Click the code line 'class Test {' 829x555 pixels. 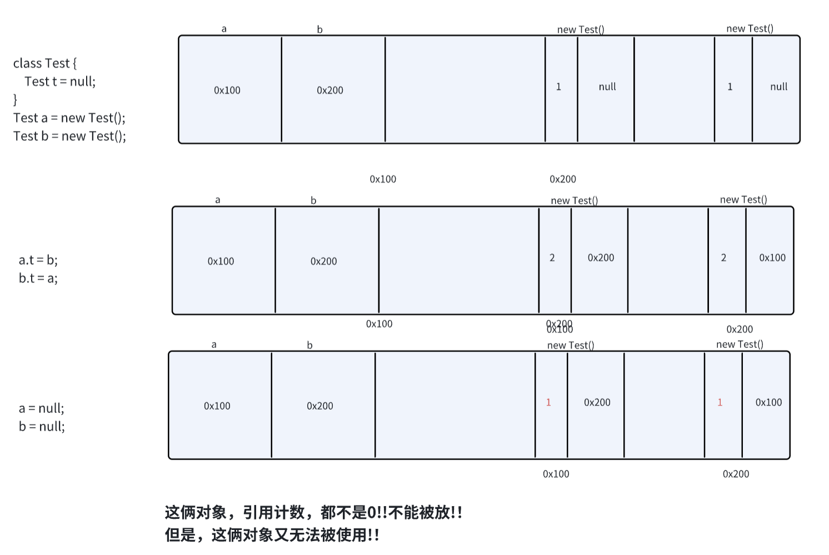click(x=45, y=63)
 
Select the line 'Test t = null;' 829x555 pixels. click(x=60, y=82)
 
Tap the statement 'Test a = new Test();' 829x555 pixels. click(x=69, y=118)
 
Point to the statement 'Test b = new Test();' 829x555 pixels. click(x=69, y=137)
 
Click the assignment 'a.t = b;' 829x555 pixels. click(x=38, y=260)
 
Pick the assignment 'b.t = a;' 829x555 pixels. click(x=38, y=279)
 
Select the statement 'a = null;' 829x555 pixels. click(x=42, y=408)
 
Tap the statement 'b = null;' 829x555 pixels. click(x=42, y=427)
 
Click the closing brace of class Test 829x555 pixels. click(x=16, y=100)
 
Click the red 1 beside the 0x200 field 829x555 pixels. click(x=548, y=402)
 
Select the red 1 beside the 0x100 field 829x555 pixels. click(x=720, y=402)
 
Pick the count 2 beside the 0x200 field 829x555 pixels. click(x=552, y=258)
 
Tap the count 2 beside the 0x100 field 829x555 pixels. click(x=723, y=258)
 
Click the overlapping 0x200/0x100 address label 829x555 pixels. click(x=560, y=326)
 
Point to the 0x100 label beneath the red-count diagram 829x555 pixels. click(x=556, y=474)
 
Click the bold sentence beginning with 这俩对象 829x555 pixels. click(x=313, y=512)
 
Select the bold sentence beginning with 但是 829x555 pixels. click(x=272, y=535)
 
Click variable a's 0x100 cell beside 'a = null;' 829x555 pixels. click(x=217, y=406)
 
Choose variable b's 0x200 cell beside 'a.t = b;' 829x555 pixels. click(x=324, y=261)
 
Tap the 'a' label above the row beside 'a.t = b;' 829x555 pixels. click(x=218, y=200)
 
